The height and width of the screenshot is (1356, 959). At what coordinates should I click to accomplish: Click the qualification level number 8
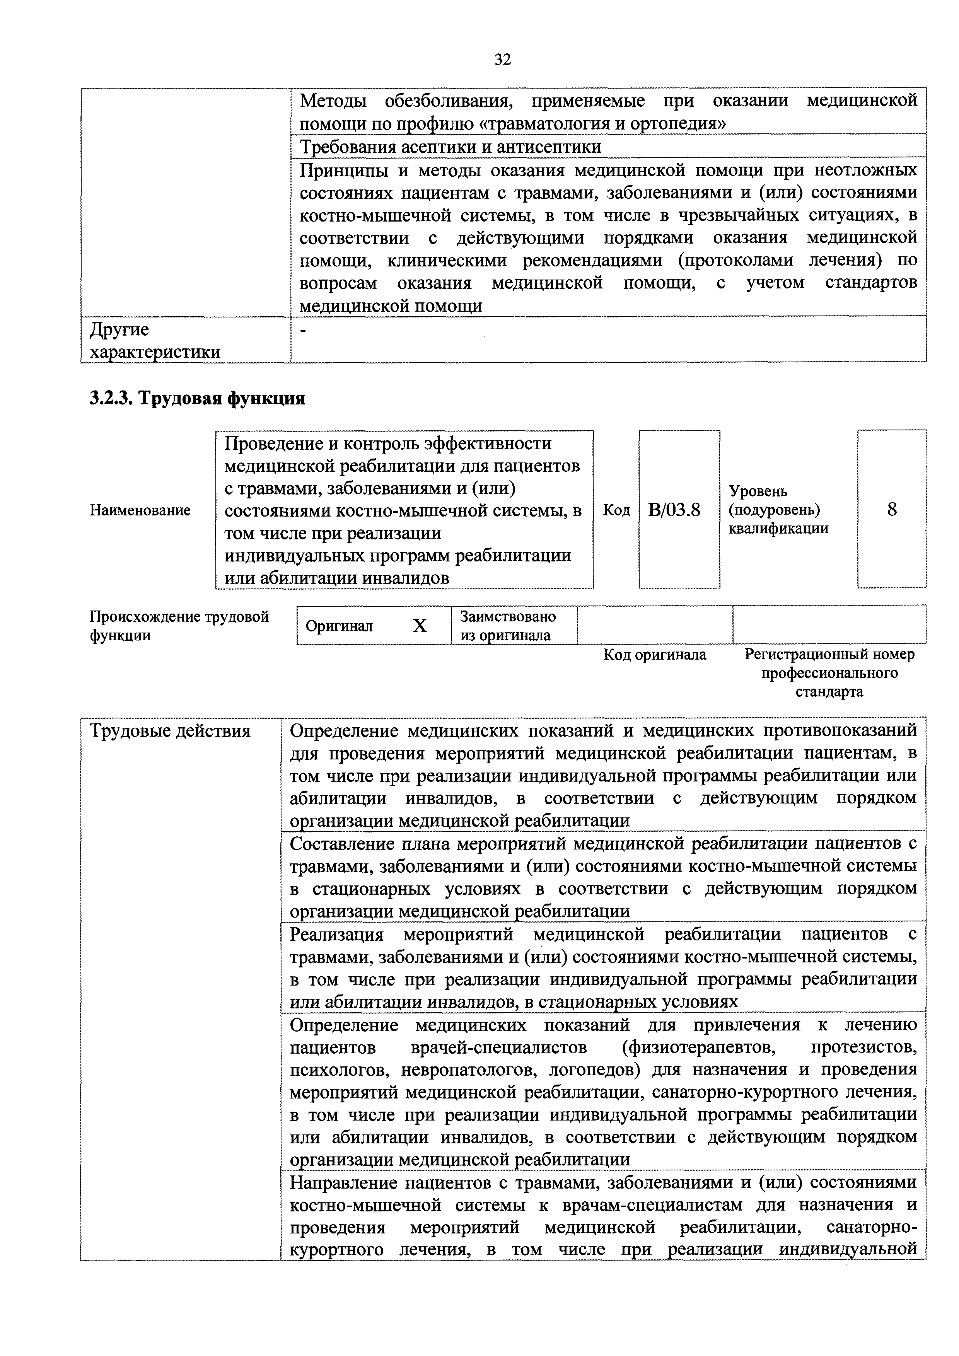tap(892, 509)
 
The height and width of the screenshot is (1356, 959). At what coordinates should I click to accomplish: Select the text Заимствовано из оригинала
tap(508, 626)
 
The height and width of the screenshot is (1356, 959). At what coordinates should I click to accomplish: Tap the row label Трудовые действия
tap(170, 731)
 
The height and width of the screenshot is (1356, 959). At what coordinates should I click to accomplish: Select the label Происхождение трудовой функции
tap(179, 626)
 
